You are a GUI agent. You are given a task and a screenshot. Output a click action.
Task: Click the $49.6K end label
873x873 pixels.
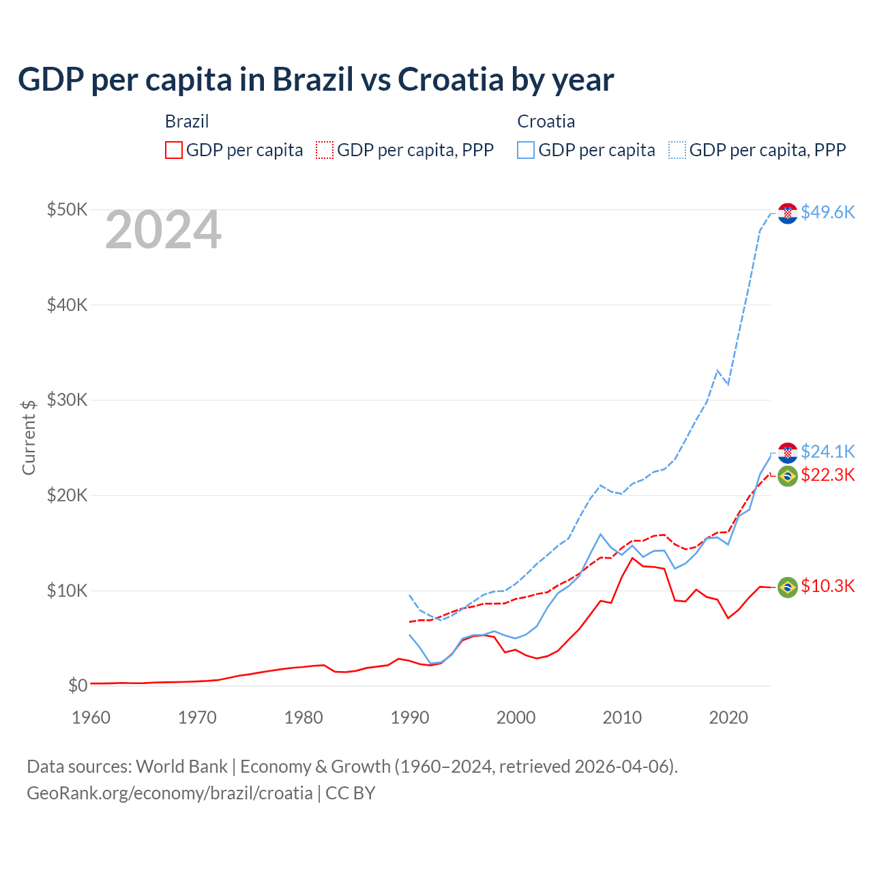point(827,212)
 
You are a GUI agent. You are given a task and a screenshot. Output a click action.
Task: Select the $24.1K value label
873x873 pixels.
point(827,452)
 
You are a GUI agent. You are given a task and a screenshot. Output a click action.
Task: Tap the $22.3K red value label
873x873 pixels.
point(827,475)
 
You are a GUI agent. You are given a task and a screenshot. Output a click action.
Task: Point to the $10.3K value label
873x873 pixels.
point(827,586)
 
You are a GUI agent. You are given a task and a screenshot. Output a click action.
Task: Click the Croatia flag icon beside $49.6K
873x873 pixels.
point(788,213)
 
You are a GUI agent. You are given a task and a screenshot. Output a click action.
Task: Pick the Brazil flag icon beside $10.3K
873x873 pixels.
point(788,587)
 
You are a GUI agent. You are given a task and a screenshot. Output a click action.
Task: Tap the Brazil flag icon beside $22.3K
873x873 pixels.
point(788,475)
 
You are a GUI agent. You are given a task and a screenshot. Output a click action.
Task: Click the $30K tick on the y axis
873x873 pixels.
point(67,400)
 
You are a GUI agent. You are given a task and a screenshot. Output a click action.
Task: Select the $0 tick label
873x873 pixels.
point(78,685)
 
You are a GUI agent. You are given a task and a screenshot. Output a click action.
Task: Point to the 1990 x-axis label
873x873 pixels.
point(410,717)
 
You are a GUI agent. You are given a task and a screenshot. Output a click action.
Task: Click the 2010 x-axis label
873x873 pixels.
point(622,717)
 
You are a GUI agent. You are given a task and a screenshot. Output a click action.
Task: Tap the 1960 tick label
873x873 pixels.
point(91,717)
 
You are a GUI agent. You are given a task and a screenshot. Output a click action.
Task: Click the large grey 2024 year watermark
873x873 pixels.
point(163,231)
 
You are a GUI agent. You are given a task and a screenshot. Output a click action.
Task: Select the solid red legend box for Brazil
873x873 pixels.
point(174,150)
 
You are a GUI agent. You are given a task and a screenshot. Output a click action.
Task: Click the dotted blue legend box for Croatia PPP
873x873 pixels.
point(677,150)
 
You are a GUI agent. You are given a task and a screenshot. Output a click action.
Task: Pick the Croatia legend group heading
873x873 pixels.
point(546,121)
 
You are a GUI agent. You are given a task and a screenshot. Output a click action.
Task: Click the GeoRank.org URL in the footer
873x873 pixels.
point(169,793)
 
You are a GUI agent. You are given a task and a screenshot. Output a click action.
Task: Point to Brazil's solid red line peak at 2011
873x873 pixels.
point(632,558)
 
